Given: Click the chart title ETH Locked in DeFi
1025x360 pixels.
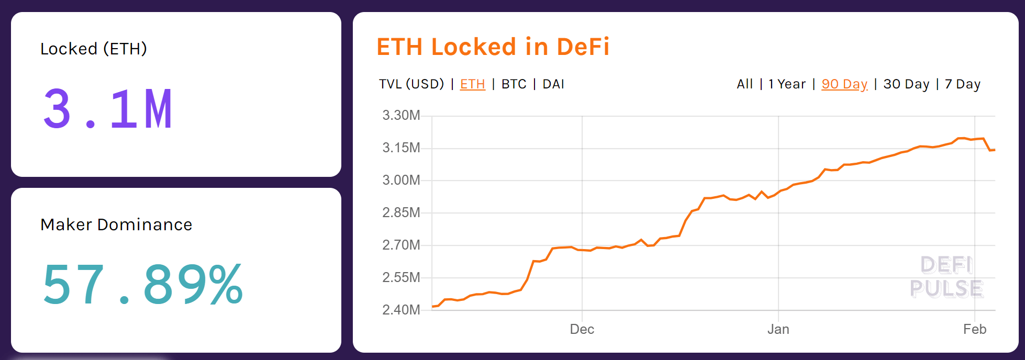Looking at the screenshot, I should click(493, 47).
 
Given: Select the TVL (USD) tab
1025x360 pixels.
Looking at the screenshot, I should click(411, 84).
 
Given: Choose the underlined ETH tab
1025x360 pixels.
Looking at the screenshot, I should click(472, 84).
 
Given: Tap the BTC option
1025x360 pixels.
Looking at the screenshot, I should click(514, 84).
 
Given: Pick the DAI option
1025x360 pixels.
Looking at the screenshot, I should click(553, 84).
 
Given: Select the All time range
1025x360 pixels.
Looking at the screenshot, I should click(744, 84).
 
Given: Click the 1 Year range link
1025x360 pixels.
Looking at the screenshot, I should click(787, 84).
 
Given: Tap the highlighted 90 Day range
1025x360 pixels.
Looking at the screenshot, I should click(844, 84).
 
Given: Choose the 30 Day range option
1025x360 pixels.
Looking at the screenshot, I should click(906, 84).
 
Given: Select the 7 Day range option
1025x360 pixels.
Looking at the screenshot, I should click(962, 84).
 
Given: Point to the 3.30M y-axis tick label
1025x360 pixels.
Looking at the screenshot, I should click(401, 115).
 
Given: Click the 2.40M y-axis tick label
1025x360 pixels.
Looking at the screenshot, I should click(401, 310).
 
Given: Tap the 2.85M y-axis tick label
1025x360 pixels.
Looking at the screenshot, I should click(401, 212).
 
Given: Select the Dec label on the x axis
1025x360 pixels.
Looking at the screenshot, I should click(582, 329).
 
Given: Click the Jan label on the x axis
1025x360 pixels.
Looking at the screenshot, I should click(778, 329).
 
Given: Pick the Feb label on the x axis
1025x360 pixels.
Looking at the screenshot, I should click(974, 329).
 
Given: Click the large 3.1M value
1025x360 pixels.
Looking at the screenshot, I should click(108, 109).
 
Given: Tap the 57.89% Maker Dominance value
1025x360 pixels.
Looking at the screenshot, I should click(142, 285).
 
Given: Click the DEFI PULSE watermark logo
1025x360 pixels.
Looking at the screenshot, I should click(946, 277).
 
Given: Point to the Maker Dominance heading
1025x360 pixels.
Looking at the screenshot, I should click(116, 224).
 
